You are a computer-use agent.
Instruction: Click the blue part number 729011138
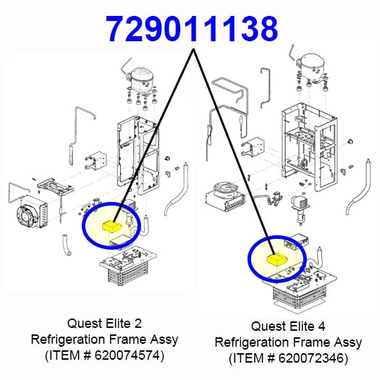click(x=192, y=30)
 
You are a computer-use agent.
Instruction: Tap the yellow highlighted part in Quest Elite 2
click(x=112, y=227)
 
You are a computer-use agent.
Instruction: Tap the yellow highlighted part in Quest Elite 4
click(x=276, y=260)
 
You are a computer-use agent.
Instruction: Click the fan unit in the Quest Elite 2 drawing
click(x=32, y=211)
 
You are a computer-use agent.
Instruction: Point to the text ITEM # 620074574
click(x=104, y=355)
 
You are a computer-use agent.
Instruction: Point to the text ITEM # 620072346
click(x=288, y=358)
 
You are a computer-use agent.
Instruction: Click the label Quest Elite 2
click(x=104, y=324)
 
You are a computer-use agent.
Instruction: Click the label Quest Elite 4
click(x=288, y=326)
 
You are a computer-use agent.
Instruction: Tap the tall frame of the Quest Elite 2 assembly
click(x=138, y=155)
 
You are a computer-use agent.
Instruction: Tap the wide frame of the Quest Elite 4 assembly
click(x=310, y=146)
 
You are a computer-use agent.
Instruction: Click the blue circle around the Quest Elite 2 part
click(x=83, y=225)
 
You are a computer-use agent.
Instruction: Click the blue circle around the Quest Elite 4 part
click(x=248, y=259)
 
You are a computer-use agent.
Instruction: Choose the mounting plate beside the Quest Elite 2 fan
click(x=55, y=186)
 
